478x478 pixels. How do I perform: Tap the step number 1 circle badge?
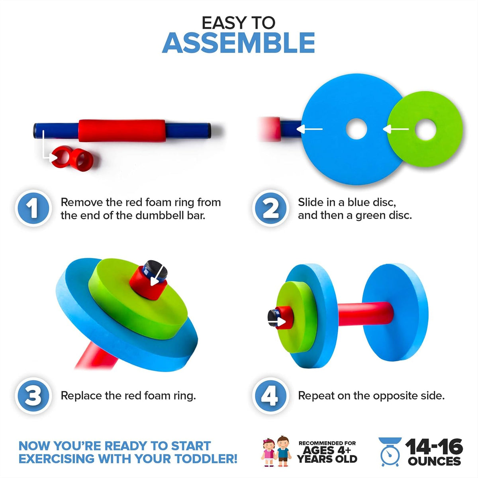coord(33,208)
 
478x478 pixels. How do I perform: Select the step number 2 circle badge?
coord(270,208)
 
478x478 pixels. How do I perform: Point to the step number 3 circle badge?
coord(33,396)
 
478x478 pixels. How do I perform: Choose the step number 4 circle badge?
coord(270,396)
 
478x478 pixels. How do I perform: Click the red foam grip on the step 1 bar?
coord(122,131)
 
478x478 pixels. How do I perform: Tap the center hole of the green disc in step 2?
coord(425,129)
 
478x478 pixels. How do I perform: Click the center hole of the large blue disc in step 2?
coord(357,129)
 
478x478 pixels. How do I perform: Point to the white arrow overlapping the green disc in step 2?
coord(396,129)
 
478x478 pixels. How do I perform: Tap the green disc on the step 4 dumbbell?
coord(297,317)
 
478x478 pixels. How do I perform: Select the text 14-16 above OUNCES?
coord(434,447)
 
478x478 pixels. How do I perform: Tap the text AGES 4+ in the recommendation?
coord(327,450)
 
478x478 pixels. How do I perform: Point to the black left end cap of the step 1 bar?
coord(35,131)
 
